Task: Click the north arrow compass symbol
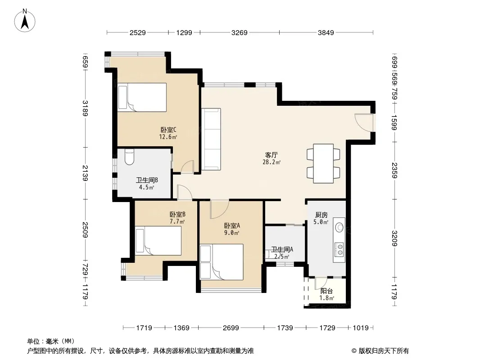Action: click(x=25, y=21)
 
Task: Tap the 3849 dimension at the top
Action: click(x=326, y=33)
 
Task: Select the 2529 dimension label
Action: click(x=137, y=33)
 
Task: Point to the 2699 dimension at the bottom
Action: click(x=231, y=328)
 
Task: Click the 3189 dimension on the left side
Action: click(x=85, y=108)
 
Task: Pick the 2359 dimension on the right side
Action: click(x=394, y=171)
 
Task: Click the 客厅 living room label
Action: click(x=272, y=155)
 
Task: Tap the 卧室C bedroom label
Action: click(x=168, y=130)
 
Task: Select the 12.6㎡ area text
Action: click(x=168, y=137)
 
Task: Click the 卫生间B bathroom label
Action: click(x=147, y=180)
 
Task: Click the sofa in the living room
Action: click(x=211, y=139)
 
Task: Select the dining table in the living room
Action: click(x=323, y=164)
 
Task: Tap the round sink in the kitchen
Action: click(x=340, y=227)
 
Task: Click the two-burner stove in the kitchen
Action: click(x=339, y=249)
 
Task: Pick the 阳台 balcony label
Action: click(x=326, y=291)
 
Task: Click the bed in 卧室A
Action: click(x=222, y=262)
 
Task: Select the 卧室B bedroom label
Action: click(x=177, y=214)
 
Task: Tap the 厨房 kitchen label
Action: click(x=322, y=215)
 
